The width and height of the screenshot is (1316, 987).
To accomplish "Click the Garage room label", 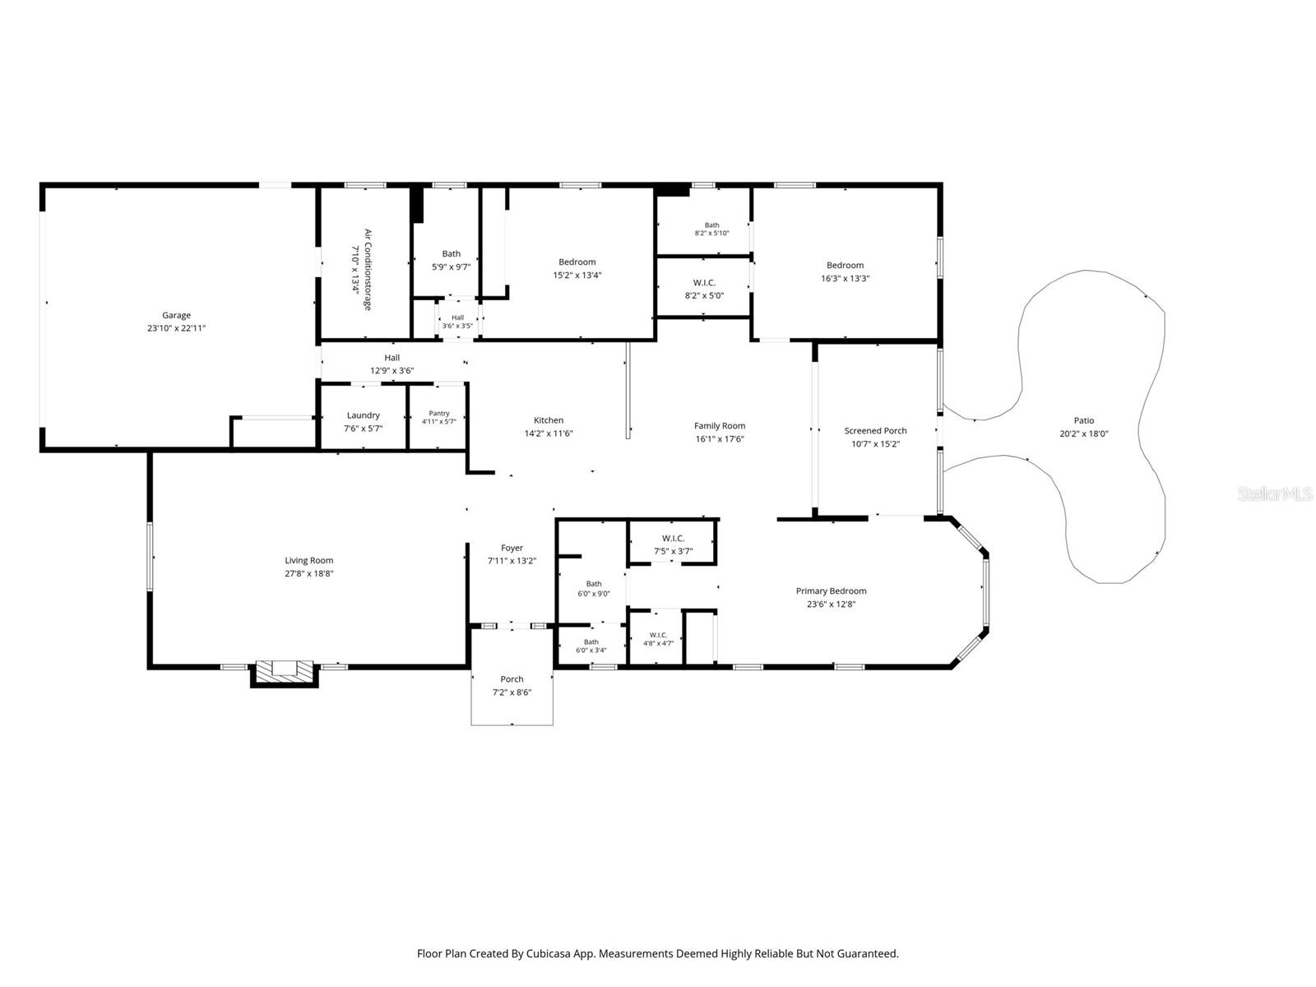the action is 176,315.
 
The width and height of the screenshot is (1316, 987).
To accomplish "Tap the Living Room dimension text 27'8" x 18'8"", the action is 308,573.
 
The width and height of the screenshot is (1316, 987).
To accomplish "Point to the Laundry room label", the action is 364,415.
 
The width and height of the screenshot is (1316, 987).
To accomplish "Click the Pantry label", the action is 439,413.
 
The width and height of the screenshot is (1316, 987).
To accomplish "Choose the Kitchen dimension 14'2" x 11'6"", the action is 549,433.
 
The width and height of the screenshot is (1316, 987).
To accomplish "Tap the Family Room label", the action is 720,426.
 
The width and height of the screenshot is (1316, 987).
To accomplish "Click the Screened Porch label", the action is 875,431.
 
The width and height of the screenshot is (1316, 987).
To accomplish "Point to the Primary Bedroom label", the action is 831,591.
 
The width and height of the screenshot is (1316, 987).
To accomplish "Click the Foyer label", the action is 512,548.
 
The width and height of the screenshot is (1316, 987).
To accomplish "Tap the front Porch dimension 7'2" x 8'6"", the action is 512,693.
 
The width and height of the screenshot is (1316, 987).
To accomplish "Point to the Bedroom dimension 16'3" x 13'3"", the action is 846,278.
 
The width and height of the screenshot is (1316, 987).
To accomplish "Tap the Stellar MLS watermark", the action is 1275,493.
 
